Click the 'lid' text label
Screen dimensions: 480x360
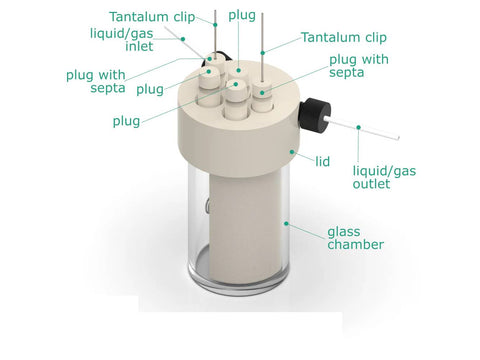(x=322, y=162)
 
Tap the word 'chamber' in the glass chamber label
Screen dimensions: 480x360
(x=355, y=244)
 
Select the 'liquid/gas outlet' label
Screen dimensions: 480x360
(x=384, y=177)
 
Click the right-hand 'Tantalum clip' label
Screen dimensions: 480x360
(x=344, y=37)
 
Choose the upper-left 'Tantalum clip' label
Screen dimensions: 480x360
(x=152, y=17)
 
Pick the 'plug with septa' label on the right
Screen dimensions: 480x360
(x=359, y=66)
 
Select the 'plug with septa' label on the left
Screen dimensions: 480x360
(x=96, y=81)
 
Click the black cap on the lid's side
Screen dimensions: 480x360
(x=314, y=115)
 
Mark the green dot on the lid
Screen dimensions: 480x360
(x=292, y=152)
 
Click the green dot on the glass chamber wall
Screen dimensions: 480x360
(x=286, y=223)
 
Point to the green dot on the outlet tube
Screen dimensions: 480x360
(x=359, y=127)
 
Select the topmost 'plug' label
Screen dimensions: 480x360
(x=242, y=15)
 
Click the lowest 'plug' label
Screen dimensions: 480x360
(x=126, y=121)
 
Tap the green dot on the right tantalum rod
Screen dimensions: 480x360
(x=263, y=53)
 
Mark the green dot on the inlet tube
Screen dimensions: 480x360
(x=183, y=39)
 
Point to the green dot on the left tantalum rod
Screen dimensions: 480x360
(x=215, y=25)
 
